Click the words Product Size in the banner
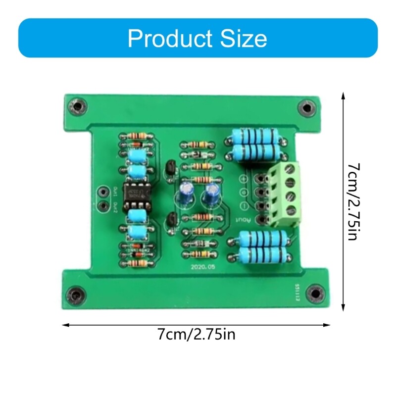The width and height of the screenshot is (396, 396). pyautogui.click(x=197, y=38)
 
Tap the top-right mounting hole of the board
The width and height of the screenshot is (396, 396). pyautogui.click(x=307, y=107)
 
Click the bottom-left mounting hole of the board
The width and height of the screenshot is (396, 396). pyautogui.click(x=75, y=295)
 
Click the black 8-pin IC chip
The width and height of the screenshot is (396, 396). pyautogui.click(x=134, y=194)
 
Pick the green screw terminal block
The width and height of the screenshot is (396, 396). pyautogui.click(x=284, y=195)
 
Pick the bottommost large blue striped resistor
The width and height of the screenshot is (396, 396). pyautogui.click(x=262, y=255)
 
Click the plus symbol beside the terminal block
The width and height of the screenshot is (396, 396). pyautogui.click(x=244, y=179)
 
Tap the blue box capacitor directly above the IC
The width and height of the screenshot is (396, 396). pyautogui.click(x=135, y=172)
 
